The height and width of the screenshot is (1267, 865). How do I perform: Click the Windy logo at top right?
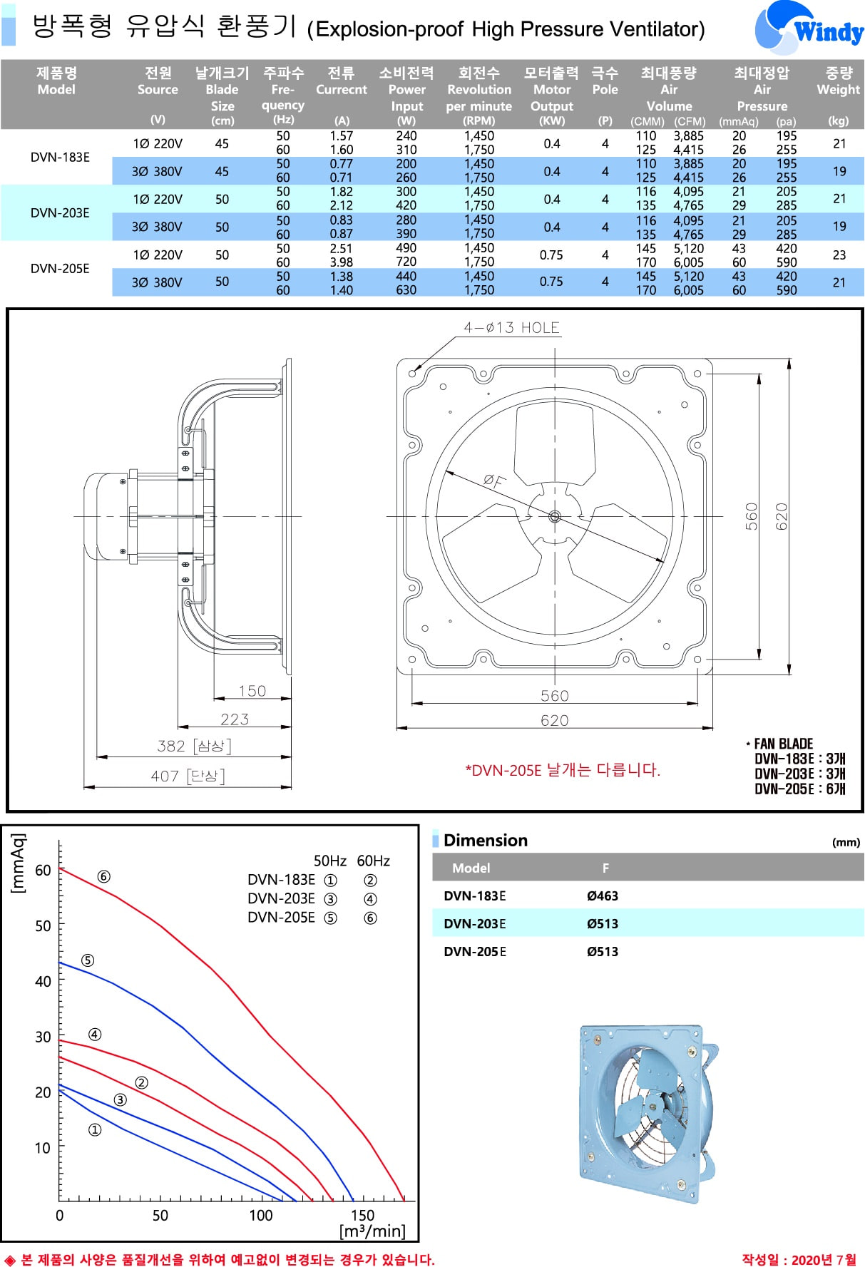809,28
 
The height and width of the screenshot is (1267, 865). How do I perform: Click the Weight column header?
839,81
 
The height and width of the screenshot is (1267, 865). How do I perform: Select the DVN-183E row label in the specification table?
60,157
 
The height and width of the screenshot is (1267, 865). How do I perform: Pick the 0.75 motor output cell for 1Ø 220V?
551,255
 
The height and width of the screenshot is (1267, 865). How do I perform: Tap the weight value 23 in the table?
839,255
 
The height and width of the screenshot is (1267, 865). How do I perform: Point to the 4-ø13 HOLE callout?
511,327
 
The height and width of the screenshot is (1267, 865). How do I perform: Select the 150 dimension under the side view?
252,691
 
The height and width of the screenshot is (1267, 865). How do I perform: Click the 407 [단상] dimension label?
188,776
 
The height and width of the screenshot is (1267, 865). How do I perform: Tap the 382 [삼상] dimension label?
194,746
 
